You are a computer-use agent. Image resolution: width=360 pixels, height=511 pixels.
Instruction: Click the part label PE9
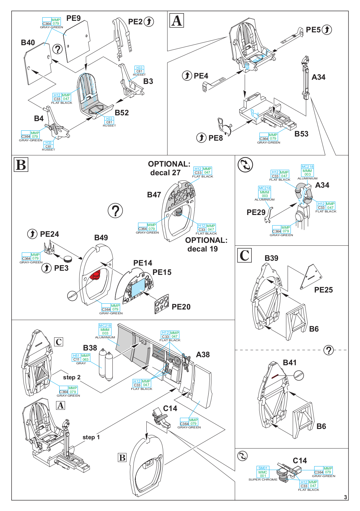pyautogui.click(x=73, y=18)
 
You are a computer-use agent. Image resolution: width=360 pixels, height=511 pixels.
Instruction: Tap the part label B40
pyautogui.click(x=28, y=43)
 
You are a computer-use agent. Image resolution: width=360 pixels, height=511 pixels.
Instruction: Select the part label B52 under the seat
pyautogui.click(x=122, y=113)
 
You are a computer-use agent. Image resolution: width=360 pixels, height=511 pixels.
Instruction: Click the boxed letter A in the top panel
pyautogui.click(x=176, y=21)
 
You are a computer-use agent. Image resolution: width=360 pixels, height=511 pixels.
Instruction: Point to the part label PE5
pyautogui.click(x=313, y=30)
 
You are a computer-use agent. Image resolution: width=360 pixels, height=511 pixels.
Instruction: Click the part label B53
pyautogui.click(x=301, y=134)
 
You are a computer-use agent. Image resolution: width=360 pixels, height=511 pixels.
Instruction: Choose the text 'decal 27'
pyautogui.click(x=165, y=173)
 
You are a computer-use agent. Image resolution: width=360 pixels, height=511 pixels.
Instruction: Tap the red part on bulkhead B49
pyautogui.click(x=95, y=275)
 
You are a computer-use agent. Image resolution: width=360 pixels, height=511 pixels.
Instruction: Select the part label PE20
pyautogui.click(x=181, y=307)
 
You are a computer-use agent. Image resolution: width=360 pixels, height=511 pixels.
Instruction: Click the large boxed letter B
pyautogui.click(x=21, y=165)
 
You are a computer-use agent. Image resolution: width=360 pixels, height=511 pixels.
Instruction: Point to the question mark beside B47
pyautogui.click(x=115, y=211)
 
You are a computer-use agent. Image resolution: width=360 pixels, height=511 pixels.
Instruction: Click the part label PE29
pyautogui.click(x=256, y=212)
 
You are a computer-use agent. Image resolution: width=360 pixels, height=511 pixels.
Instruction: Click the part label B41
pyautogui.click(x=290, y=363)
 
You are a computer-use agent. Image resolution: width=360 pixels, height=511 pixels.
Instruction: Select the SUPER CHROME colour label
pyautogui.click(x=263, y=480)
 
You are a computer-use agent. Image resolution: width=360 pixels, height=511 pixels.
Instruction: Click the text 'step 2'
pyautogui.click(x=72, y=377)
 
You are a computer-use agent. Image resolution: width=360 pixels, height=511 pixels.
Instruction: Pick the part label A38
pyautogui.click(x=203, y=355)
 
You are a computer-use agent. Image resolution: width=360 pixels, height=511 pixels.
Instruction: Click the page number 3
pyautogui.click(x=346, y=497)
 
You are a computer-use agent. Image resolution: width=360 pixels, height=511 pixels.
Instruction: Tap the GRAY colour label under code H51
pyautogui.click(x=81, y=363)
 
